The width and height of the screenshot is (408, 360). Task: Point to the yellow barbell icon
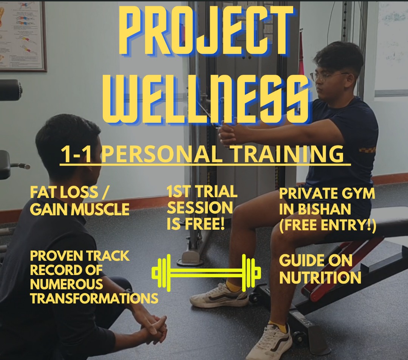pyautogui.click(x=206, y=271)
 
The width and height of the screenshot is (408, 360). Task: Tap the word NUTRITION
pyautogui.click(x=320, y=278)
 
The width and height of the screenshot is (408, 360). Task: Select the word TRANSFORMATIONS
pyautogui.click(x=94, y=298)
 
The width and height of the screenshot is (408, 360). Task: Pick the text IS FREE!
pyautogui.click(x=196, y=224)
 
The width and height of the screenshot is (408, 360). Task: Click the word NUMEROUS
pyautogui.click(x=66, y=284)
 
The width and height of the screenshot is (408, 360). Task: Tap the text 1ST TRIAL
pyautogui.click(x=202, y=192)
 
